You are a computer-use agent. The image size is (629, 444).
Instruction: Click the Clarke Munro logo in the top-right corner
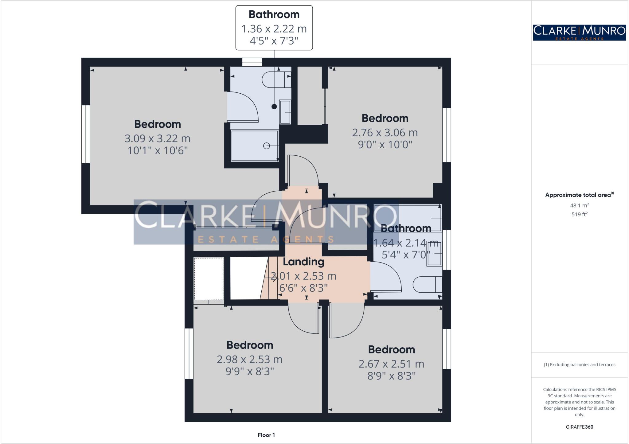pos(579,33)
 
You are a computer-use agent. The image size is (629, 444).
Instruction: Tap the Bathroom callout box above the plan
pos(274,28)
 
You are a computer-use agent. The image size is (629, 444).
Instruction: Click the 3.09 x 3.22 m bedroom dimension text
pos(157,138)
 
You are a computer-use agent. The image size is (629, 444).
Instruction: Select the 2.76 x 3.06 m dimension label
pos(385,133)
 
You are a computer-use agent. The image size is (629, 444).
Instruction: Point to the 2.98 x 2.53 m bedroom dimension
pos(249,359)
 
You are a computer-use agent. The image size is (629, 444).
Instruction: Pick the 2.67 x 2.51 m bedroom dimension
pos(391,364)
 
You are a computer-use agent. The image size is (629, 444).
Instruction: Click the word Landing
pos(303,262)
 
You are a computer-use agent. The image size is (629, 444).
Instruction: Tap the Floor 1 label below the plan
pos(266,435)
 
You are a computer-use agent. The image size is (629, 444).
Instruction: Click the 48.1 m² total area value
pos(579,205)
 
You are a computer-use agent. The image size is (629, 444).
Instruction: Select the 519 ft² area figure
pos(579,214)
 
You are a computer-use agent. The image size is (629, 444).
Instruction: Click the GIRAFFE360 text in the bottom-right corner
pos(579,427)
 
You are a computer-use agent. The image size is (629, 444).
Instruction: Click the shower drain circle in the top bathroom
pos(267,146)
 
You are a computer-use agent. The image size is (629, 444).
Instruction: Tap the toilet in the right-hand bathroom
pos(427,285)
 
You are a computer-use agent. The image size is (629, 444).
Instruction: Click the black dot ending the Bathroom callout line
pos(274,107)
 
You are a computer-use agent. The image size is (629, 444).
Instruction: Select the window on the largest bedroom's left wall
pos(86,134)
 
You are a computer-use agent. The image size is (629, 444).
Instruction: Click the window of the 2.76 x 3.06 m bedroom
pos(447,135)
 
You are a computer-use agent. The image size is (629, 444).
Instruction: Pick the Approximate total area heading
pos(579,195)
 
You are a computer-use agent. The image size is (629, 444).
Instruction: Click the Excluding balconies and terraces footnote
pos(579,365)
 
